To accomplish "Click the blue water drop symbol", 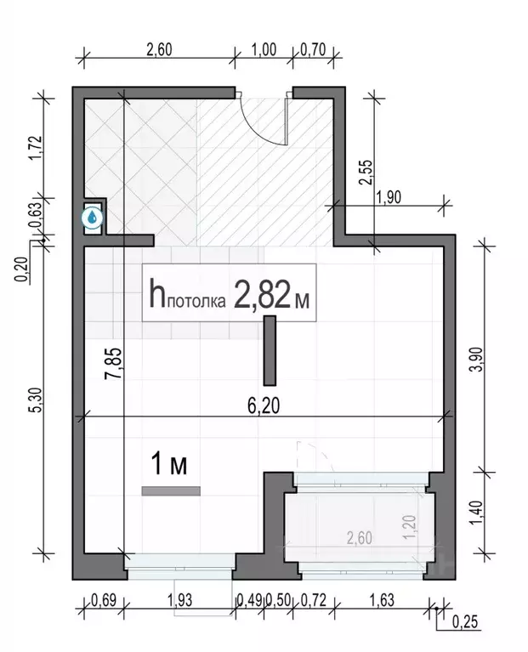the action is [x=93, y=217].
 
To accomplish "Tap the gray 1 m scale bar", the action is [x=171, y=491].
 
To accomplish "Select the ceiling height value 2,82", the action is [x=262, y=293].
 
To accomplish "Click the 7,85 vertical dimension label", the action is [x=113, y=363].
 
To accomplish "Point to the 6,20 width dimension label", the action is [x=264, y=405].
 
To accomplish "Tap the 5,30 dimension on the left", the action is [x=36, y=400].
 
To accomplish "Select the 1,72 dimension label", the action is [x=36, y=147].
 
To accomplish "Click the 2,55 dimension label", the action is [x=366, y=173].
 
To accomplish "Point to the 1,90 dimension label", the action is [x=388, y=197].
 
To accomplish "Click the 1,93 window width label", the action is [x=180, y=600].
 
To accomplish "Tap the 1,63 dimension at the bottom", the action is [x=382, y=600].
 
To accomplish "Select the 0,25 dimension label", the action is [x=465, y=622].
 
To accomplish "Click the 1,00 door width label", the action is [x=264, y=49].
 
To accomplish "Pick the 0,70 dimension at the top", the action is [x=313, y=49].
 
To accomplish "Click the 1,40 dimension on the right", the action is [x=478, y=513].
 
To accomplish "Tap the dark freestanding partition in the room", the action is [x=270, y=350].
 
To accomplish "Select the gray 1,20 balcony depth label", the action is [x=410, y=527].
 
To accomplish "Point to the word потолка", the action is [x=196, y=302].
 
